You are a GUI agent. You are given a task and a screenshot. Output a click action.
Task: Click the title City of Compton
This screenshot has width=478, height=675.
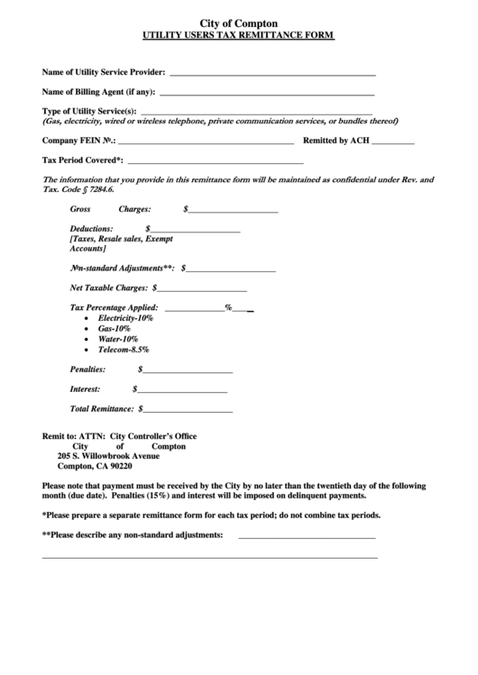point(238,23)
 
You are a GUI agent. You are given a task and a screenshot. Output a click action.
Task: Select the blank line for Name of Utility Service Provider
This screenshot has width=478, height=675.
point(272,73)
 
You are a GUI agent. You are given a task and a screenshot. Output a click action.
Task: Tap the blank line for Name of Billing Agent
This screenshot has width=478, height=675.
point(267,93)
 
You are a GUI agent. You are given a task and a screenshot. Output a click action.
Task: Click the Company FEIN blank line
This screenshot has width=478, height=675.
point(206,142)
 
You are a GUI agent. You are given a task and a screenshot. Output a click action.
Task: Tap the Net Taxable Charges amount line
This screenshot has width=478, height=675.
point(202,290)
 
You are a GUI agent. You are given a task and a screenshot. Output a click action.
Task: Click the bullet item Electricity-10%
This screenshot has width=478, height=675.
point(125,319)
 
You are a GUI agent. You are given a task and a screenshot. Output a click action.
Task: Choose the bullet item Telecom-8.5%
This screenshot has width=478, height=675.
point(124,349)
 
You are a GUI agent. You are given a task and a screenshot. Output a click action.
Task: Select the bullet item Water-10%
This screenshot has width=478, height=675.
point(117,339)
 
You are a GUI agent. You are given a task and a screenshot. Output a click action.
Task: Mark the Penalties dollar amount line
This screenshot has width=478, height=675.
point(187,370)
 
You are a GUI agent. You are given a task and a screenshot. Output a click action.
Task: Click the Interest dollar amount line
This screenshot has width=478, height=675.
point(181,390)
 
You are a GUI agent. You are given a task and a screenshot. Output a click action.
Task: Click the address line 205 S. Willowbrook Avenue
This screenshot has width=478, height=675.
point(108,455)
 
